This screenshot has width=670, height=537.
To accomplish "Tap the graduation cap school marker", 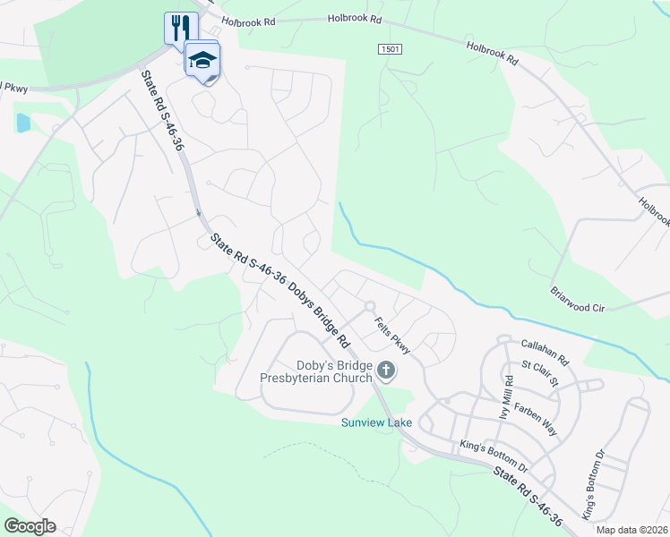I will tap(202, 60).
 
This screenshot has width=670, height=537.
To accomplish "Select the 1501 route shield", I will tap(389, 48).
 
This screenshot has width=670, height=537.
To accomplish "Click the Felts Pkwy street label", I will tap(391, 337).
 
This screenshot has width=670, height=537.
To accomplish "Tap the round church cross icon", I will tap(386, 369).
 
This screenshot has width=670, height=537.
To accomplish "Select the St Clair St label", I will tap(540, 376).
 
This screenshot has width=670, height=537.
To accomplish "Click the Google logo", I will tap(29, 526).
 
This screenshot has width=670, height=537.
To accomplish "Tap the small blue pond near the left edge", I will tap(23, 123).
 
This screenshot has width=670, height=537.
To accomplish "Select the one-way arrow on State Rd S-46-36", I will tap(198, 212).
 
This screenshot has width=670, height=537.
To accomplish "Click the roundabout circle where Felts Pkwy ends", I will tap(369, 307).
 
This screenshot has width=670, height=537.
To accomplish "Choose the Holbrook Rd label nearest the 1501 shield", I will tap(355, 18).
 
